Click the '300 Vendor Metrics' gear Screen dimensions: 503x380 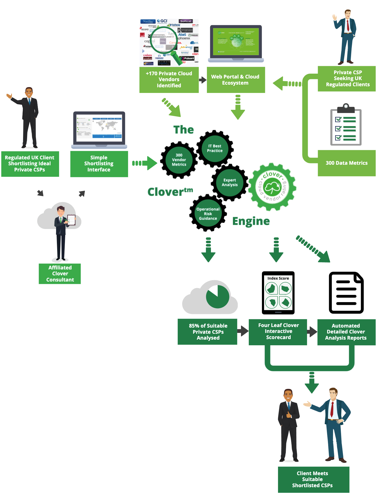179,160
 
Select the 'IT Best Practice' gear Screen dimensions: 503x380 215,148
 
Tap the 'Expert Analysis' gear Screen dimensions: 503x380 230,182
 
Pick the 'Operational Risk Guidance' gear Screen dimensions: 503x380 208,213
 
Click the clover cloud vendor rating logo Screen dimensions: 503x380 272,187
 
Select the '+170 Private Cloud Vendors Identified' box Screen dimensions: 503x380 169,80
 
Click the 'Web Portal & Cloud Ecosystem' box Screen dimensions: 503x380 235,80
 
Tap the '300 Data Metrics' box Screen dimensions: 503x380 346,163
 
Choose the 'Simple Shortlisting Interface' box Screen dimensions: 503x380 99,164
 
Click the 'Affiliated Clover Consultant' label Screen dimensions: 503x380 60,273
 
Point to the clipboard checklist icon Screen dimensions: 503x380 346,125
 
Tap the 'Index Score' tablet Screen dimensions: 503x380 278,293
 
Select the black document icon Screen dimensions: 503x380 346,292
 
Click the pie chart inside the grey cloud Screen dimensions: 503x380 217,297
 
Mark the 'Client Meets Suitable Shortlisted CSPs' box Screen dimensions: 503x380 313,479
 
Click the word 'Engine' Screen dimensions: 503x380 251,221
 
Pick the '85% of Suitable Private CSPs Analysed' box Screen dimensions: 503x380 208,332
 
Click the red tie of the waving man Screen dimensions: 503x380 348,25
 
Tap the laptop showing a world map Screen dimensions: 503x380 99,129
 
